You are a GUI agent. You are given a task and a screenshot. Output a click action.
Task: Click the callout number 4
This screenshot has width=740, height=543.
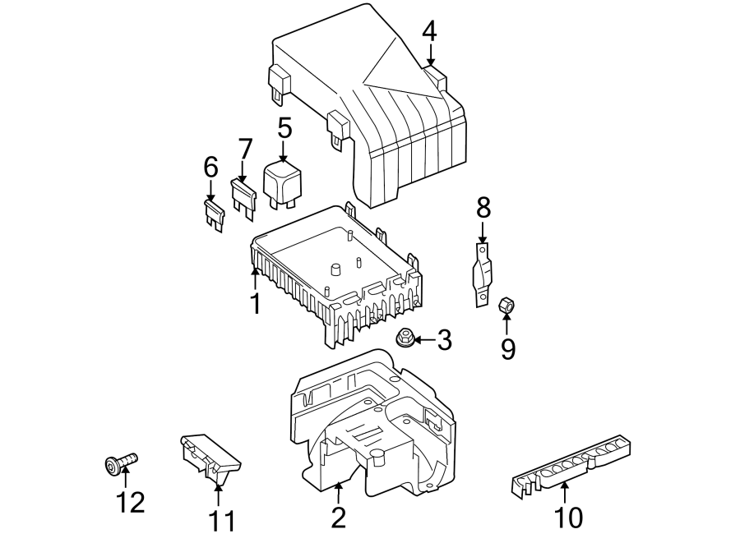(430, 31)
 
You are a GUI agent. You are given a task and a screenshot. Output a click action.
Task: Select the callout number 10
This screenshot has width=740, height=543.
(569, 517)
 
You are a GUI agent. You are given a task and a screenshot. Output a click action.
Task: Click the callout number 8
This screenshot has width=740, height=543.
(483, 209)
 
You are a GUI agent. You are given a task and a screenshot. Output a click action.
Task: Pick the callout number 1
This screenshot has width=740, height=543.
(256, 304)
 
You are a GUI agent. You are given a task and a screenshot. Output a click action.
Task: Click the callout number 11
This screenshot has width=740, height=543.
(220, 520)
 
